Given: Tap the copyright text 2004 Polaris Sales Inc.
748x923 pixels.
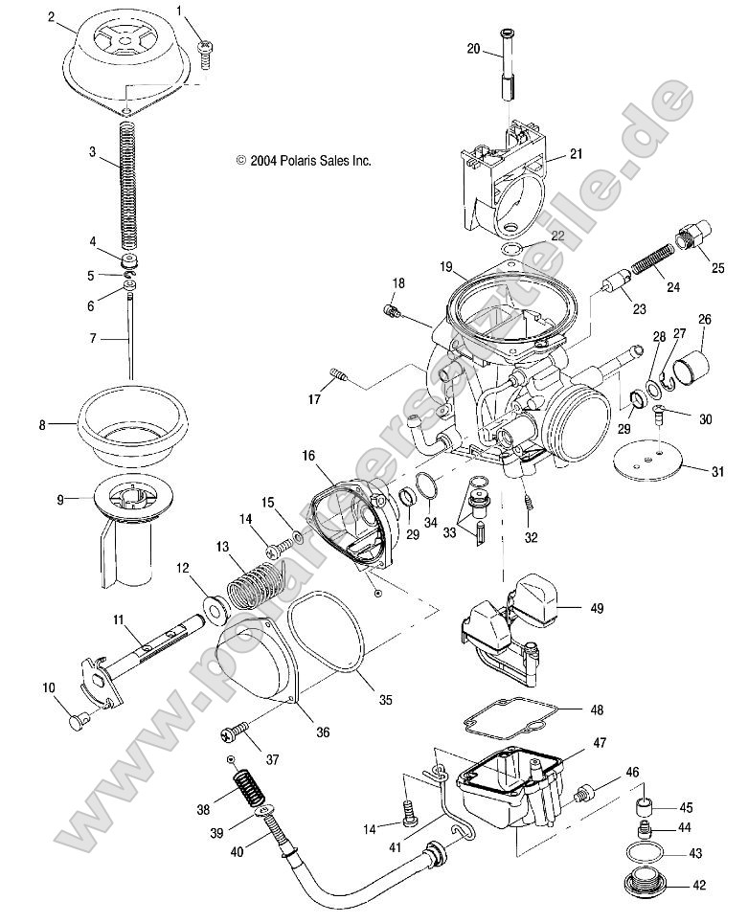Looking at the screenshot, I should click(x=303, y=162).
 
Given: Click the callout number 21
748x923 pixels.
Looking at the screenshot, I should click(x=576, y=153).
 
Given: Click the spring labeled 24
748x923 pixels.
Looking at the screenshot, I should click(x=657, y=262).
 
